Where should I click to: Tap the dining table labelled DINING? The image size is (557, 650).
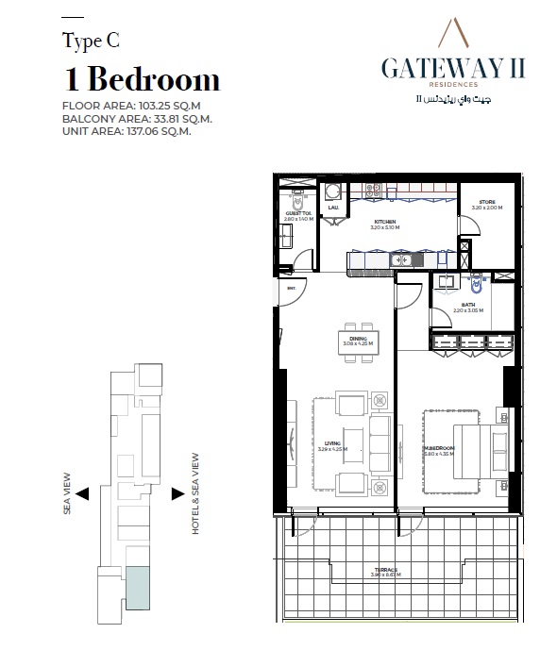358,342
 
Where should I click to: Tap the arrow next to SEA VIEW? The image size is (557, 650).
82,492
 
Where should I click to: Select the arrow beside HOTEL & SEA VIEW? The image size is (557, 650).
177,492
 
